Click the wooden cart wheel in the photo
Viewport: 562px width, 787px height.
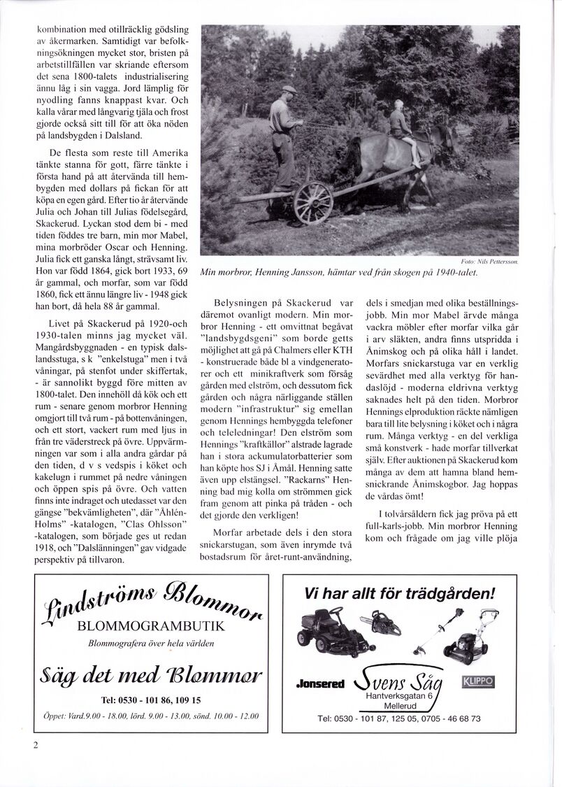pos(313,203)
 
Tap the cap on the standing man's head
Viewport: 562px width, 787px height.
pos(288,90)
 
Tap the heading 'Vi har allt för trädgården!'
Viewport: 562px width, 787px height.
pos(399,595)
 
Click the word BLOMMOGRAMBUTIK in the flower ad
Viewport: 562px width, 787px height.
pos(151,625)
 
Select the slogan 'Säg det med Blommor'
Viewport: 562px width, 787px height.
pos(151,674)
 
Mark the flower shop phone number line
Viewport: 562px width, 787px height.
pos(151,700)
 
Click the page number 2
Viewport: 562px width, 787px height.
pos(35,744)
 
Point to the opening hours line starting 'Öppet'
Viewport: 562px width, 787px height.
pos(151,716)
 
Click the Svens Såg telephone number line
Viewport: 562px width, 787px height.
pos(398,718)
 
